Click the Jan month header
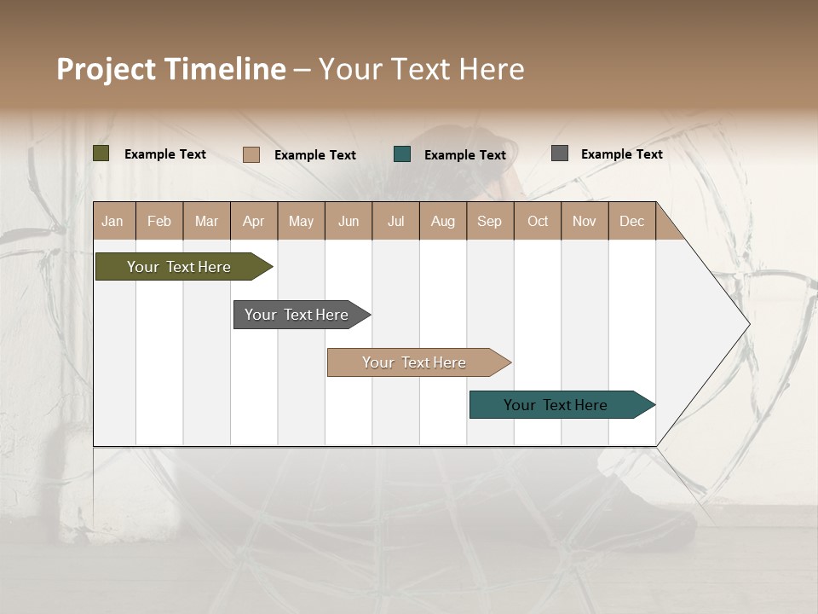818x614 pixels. (x=112, y=221)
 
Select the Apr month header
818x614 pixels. (x=254, y=221)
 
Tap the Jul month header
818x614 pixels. (x=395, y=221)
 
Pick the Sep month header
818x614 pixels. (x=489, y=221)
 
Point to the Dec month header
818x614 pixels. (x=631, y=221)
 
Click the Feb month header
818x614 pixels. (x=159, y=221)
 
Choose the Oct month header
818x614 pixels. (x=538, y=221)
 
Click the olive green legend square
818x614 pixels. (x=101, y=153)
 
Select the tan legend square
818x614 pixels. (x=251, y=154)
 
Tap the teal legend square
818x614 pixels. (x=402, y=154)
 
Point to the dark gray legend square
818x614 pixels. (x=560, y=153)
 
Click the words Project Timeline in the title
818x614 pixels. (x=171, y=69)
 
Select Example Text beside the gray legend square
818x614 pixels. (x=621, y=154)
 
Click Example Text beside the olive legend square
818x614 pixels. (x=165, y=154)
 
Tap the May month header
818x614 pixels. (x=301, y=221)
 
